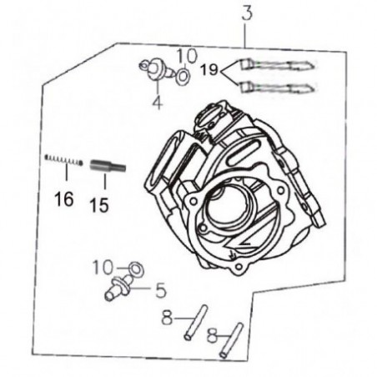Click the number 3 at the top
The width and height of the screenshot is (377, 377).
(246, 14)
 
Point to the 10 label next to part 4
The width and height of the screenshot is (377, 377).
(187, 56)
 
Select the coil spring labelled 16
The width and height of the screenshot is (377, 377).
(63, 160)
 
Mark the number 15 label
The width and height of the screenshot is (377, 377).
(98, 204)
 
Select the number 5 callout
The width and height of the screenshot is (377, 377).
(159, 291)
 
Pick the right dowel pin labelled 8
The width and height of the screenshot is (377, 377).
(230, 340)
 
